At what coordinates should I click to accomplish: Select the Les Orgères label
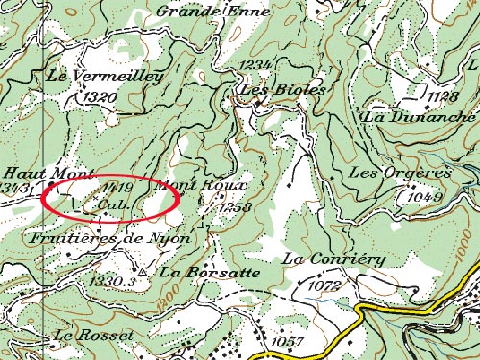click(x=400, y=173)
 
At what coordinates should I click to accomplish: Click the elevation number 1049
click(x=422, y=196)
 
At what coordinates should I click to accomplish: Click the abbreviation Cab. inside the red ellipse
click(x=112, y=204)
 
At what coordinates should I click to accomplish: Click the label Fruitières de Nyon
click(x=108, y=236)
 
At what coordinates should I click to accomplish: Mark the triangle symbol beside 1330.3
click(x=141, y=272)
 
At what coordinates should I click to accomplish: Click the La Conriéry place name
click(x=333, y=259)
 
